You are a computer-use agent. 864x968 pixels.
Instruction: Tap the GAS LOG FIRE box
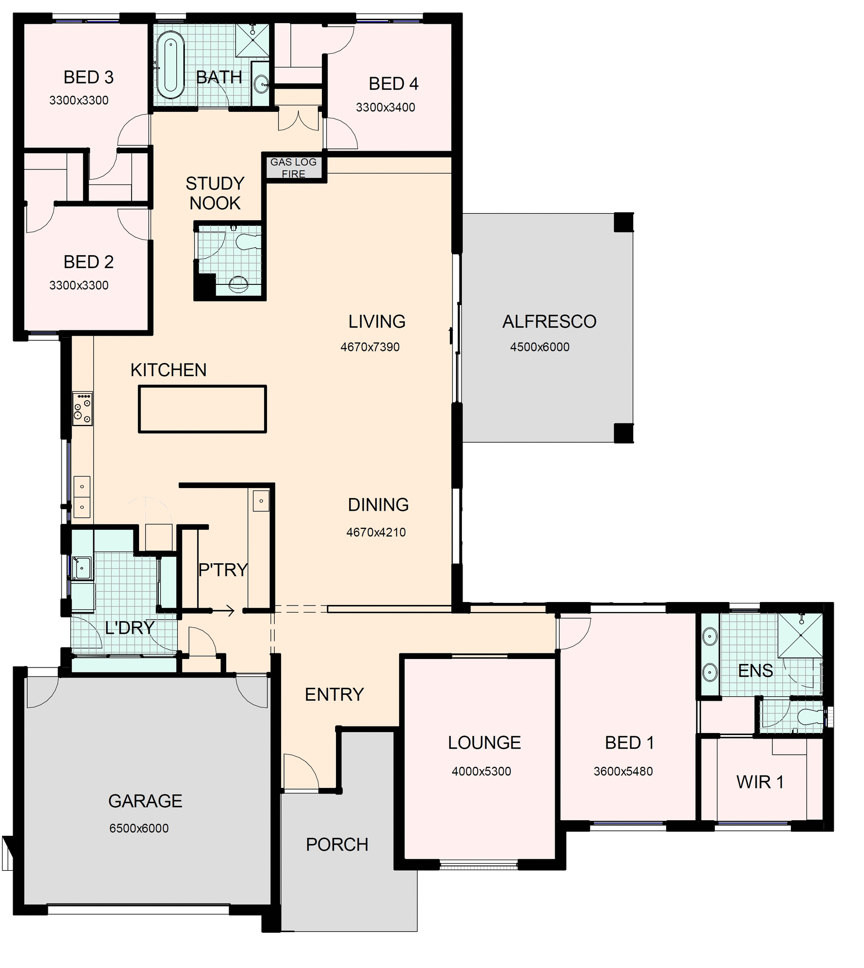tap(293, 168)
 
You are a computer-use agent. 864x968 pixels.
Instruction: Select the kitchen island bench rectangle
tap(202, 409)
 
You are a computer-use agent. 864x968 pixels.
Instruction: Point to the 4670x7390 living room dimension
tap(370, 347)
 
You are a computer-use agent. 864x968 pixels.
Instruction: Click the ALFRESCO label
tap(549, 322)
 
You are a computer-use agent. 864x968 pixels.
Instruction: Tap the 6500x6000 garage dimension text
tap(139, 828)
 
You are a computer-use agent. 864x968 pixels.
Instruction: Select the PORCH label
tap(337, 844)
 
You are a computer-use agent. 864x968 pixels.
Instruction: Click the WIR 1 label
tap(760, 782)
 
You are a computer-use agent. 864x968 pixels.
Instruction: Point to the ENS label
tap(755, 671)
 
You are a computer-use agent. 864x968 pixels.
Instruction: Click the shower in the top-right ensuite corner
tap(800, 635)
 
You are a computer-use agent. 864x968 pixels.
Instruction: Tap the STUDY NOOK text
tap(215, 193)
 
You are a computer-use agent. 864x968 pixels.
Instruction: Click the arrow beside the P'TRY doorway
tap(224, 611)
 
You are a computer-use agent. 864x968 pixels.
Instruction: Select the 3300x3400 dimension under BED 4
tap(385, 107)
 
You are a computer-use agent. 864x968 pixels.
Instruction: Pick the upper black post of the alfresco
tap(623, 222)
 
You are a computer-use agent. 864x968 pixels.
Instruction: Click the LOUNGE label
tap(484, 743)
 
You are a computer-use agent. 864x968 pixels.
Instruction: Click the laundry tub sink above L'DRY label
tap(82, 568)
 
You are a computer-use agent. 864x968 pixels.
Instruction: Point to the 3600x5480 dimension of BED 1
tap(623, 771)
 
